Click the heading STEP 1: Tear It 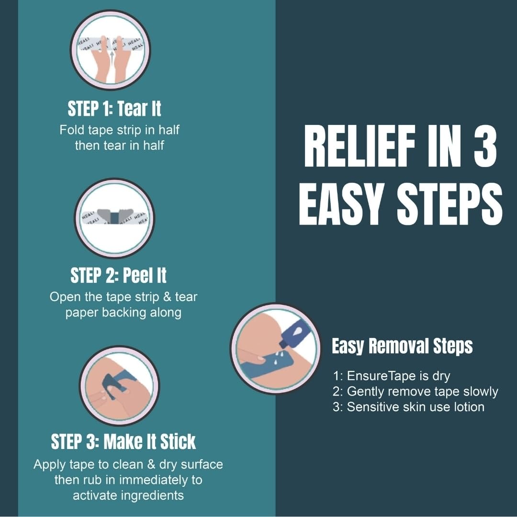click(x=114, y=109)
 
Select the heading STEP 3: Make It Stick click(x=124, y=441)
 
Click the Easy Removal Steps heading click(x=402, y=346)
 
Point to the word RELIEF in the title click(x=360, y=146)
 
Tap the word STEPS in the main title click(x=450, y=204)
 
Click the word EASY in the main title click(x=341, y=204)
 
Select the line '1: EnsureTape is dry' click(x=392, y=376)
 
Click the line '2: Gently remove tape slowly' click(x=415, y=392)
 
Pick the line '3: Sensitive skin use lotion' click(x=408, y=407)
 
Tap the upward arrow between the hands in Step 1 click(x=113, y=59)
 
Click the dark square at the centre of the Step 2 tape click(x=114, y=218)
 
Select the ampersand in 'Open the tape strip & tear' click(x=167, y=297)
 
